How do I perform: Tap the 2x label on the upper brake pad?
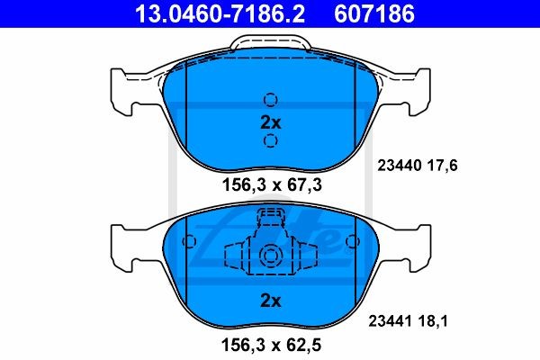pyautogui.click(x=270, y=121)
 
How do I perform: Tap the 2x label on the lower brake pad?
pyautogui.click(x=270, y=301)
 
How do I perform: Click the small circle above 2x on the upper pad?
pyautogui.click(x=270, y=100)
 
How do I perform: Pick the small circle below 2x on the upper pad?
pyautogui.click(x=270, y=141)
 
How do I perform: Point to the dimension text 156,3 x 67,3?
pyautogui.click(x=270, y=184)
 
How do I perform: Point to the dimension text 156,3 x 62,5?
pyautogui.click(x=270, y=344)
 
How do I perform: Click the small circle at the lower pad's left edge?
pyautogui.click(x=189, y=241)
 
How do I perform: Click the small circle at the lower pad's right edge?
pyautogui.click(x=352, y=241)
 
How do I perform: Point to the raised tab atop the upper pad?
pyautogui.click(x=270, y=45)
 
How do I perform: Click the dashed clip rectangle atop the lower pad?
pyautogui.click(x=270, y=217)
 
